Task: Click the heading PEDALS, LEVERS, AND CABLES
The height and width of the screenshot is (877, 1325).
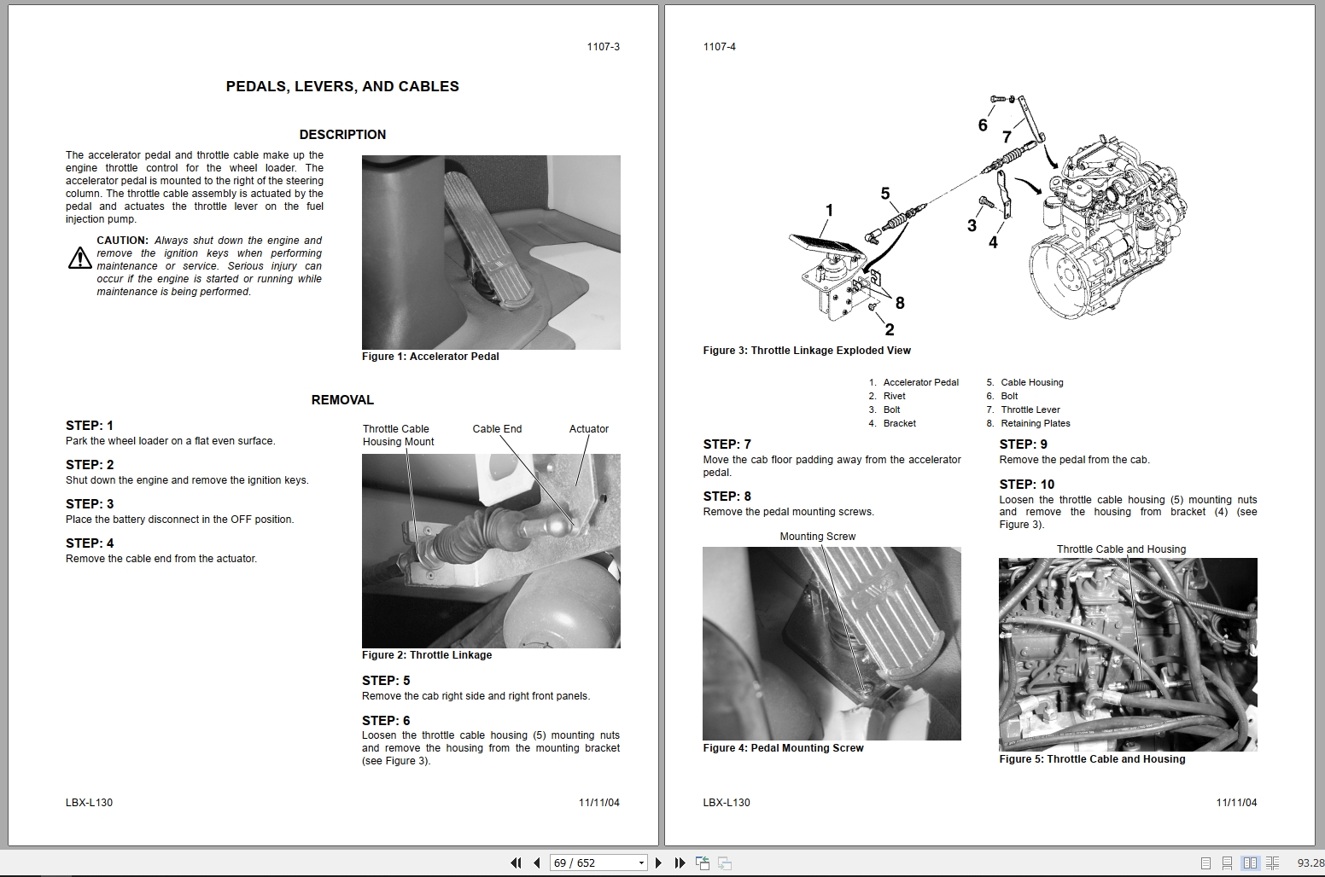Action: tap(342, 86)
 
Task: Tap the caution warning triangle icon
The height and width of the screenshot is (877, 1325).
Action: tap(79, 258)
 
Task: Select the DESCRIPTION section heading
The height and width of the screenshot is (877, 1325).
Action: tap(342, 135)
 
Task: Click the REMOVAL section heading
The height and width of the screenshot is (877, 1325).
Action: tap(342, 400)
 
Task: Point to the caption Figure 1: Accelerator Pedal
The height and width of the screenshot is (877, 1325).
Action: tap(430, 357)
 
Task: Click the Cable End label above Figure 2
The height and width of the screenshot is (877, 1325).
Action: tap(497, 429)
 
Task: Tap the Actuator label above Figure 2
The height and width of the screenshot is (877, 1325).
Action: tap(588, 429)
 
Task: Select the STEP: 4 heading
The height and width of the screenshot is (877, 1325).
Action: tap(90, 543)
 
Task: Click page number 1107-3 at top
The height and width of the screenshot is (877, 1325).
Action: tap(603, 47)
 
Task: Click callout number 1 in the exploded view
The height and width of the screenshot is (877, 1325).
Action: tap(829, 210)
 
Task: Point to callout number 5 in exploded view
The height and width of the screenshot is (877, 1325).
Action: tap(885, 195)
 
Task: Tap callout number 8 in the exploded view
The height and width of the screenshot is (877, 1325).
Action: tap(900, 303)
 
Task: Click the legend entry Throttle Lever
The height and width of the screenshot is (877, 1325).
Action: tap(1030, 409)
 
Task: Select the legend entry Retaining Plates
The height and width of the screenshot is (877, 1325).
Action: tap(1035, 423)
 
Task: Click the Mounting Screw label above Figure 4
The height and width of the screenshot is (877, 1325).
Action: tap(817, 537)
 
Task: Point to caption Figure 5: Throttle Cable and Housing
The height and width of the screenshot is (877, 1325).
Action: tap(1092, 759)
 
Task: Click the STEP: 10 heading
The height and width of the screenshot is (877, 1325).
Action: tap(1027, 485)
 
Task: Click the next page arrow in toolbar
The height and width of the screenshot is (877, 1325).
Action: tap(658, 862)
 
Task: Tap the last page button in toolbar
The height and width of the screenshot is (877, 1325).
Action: tap(680, 862)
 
